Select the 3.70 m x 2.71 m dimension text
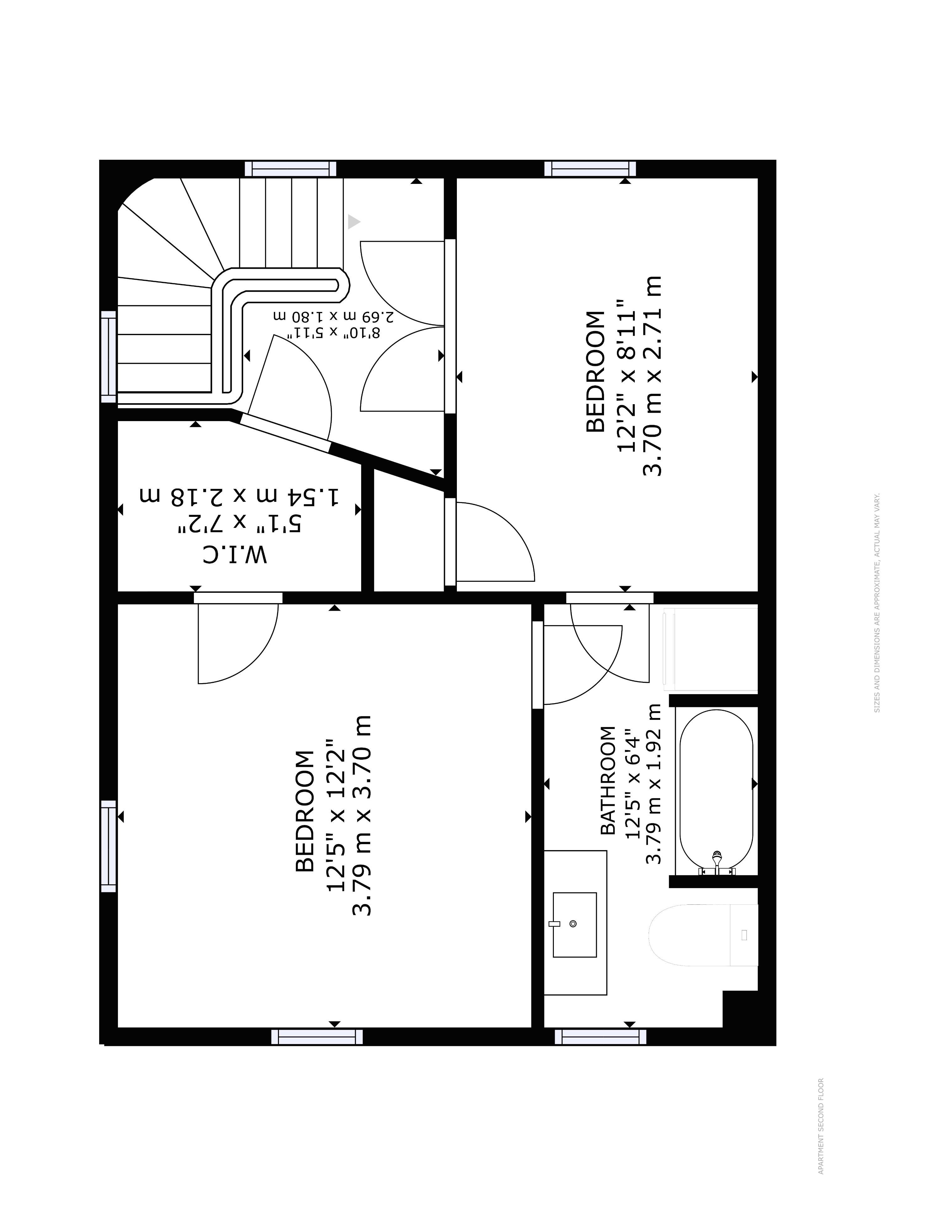coord(652,376)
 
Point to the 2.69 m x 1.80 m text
coord(334,316)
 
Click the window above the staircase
coord(290,168)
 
